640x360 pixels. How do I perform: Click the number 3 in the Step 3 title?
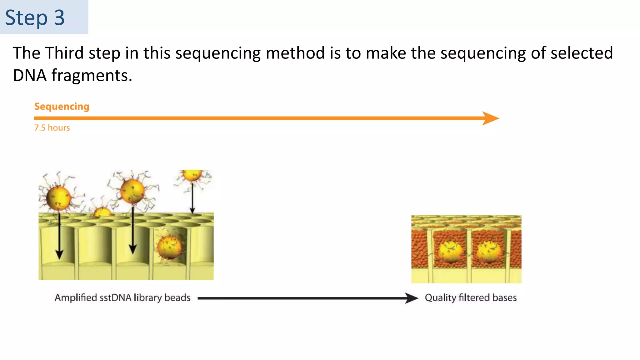point(59,18)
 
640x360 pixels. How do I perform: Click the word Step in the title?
point(26,18)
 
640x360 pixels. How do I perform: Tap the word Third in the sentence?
point(64,53)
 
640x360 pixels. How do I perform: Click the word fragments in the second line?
point(92,75)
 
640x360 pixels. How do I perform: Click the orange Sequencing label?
point(62,107)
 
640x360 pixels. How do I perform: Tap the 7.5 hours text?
point(52,128)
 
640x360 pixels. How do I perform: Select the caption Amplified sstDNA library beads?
point(122,297)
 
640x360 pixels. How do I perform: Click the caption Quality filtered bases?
point(470,297)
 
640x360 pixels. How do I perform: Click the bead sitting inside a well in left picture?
point(169,247)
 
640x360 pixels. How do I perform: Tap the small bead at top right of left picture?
point(192,175)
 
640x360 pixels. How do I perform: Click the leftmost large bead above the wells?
point(58,198)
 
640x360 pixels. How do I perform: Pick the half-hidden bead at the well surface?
point(102,212)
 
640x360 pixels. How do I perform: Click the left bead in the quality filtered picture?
point(450,252)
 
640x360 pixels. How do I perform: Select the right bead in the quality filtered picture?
point(488,252)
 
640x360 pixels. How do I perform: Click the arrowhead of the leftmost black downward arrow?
point(59,255)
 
